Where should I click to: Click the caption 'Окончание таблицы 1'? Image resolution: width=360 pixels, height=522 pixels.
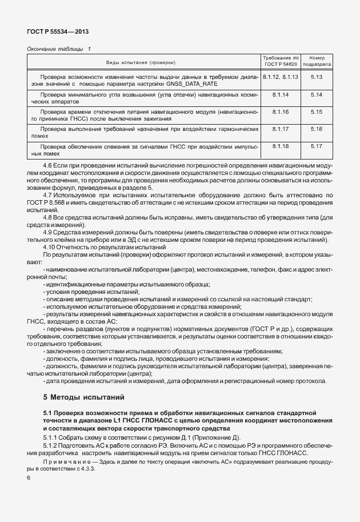(59, 50)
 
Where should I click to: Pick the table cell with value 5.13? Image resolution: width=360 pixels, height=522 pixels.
(317, 76)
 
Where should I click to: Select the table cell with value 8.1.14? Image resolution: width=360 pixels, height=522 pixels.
(281, 94)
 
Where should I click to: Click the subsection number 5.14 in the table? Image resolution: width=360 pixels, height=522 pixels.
(317, 94)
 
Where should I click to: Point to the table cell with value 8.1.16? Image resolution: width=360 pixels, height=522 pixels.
(281, 111)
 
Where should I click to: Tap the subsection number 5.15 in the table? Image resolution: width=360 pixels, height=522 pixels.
(317, 111)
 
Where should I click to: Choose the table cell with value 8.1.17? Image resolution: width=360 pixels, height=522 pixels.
(281, 129)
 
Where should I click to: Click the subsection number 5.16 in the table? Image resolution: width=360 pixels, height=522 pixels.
(317, 129)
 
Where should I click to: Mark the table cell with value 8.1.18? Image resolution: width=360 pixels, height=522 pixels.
(281, 146)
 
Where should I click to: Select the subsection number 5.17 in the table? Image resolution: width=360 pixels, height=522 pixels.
(317, 146)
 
